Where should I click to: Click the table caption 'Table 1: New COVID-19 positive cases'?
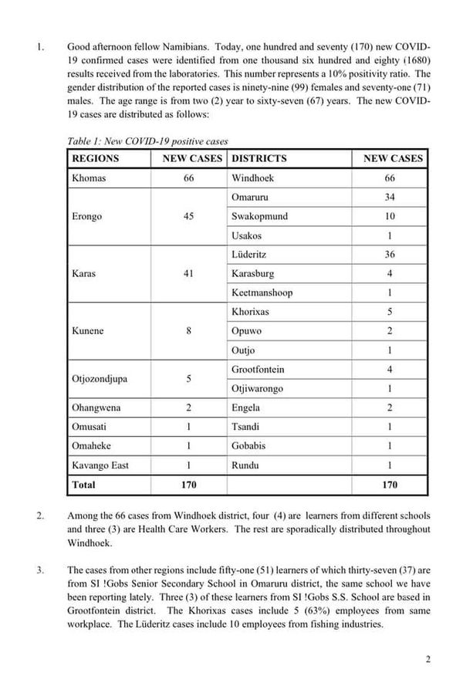pos(147,141)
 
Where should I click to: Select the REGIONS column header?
pos(96,158)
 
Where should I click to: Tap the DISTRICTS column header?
pos(259,158)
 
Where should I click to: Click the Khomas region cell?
pos(89,178)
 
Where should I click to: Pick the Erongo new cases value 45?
pos(188,216)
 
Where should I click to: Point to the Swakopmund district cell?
pos(259,216)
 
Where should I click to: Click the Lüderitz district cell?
pos(251,254)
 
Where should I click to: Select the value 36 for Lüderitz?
pos(390,254)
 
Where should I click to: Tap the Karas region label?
pos(83,273)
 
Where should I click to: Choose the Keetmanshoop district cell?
pos(262,293)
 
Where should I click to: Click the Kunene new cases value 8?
pos(188,331)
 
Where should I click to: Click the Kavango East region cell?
pos(100,465)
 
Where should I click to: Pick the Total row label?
pos(83,485)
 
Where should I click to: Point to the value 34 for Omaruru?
pos(390,197)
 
